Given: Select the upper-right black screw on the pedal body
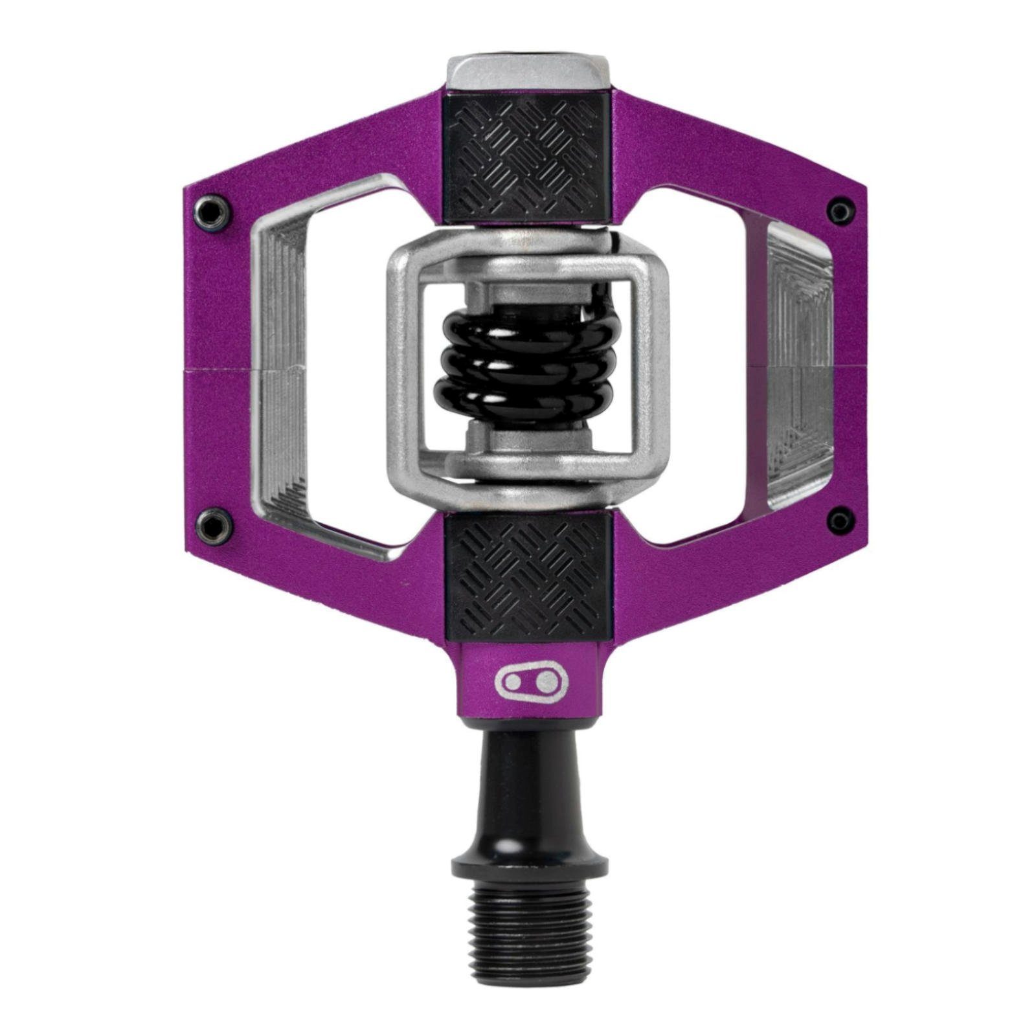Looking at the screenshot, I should (x=840, y=209).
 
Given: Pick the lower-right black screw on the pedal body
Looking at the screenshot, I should (x=840, y=519).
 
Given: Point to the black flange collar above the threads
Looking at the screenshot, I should (x=529, y=861).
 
